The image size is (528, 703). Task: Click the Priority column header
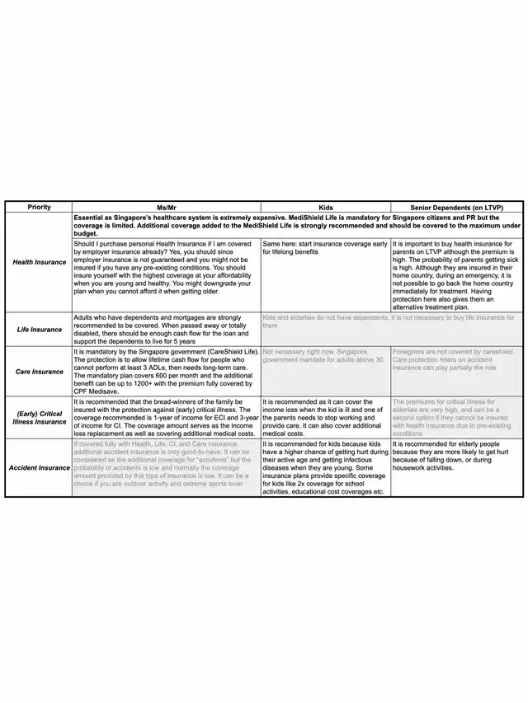[39, 207]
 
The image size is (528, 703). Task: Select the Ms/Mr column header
[166, 207]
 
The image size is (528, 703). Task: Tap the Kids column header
[325, 207]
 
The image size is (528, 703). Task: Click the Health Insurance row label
[39, 262]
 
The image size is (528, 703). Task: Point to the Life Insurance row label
[39, 330]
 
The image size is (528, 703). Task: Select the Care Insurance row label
[39, 372]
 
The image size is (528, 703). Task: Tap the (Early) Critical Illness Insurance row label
[39, 418]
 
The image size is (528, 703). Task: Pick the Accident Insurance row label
[39, 468]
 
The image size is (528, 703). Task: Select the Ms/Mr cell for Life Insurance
[166, 330]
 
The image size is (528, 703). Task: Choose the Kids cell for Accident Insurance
[325, 468]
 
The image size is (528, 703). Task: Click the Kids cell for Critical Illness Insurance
[325, 418]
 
